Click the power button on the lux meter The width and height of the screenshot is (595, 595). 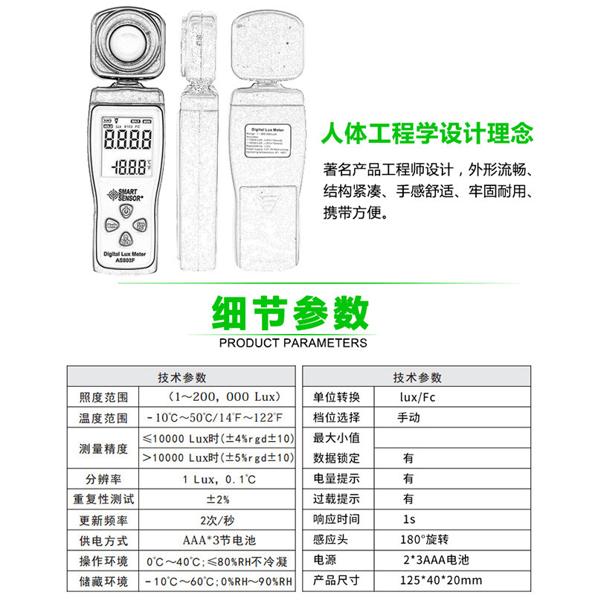point(127,210)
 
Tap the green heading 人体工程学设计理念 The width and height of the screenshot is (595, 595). point(427,135)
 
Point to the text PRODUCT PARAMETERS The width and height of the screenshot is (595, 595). point(293,343)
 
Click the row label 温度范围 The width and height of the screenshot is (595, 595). point(103,418)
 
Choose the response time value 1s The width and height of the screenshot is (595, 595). point(408,519)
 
